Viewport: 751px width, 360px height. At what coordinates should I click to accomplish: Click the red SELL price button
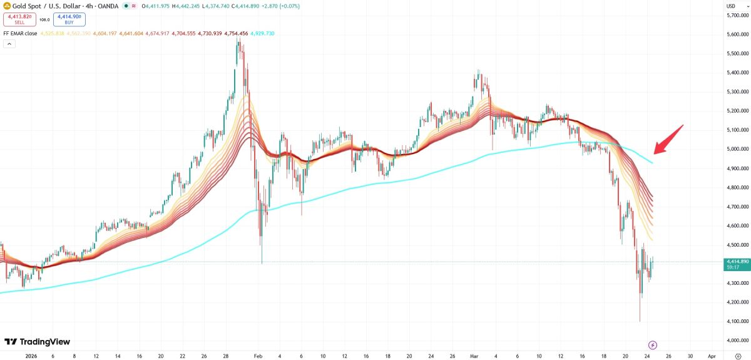click(19, 19)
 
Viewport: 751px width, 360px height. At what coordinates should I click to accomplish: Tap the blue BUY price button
click(69, 19)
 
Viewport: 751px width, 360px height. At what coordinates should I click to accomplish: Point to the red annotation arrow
click(668, 139)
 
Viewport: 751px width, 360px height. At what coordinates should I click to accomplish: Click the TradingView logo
click(37, 342)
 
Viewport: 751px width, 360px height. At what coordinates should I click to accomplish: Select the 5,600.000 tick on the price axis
click(738, 34)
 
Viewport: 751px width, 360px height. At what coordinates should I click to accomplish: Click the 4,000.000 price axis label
click(738, 340)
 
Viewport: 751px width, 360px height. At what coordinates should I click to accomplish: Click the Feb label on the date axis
click(258, 355)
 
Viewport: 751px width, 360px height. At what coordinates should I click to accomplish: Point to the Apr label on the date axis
click(711, 355)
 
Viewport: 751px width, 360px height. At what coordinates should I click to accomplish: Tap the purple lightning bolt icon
click(653, 345)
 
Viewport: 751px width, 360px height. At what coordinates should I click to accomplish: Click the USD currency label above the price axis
click(730, 6)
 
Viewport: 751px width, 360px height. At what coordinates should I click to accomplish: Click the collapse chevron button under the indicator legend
click(9, 44)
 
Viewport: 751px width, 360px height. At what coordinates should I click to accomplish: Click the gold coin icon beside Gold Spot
click(7, 6)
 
